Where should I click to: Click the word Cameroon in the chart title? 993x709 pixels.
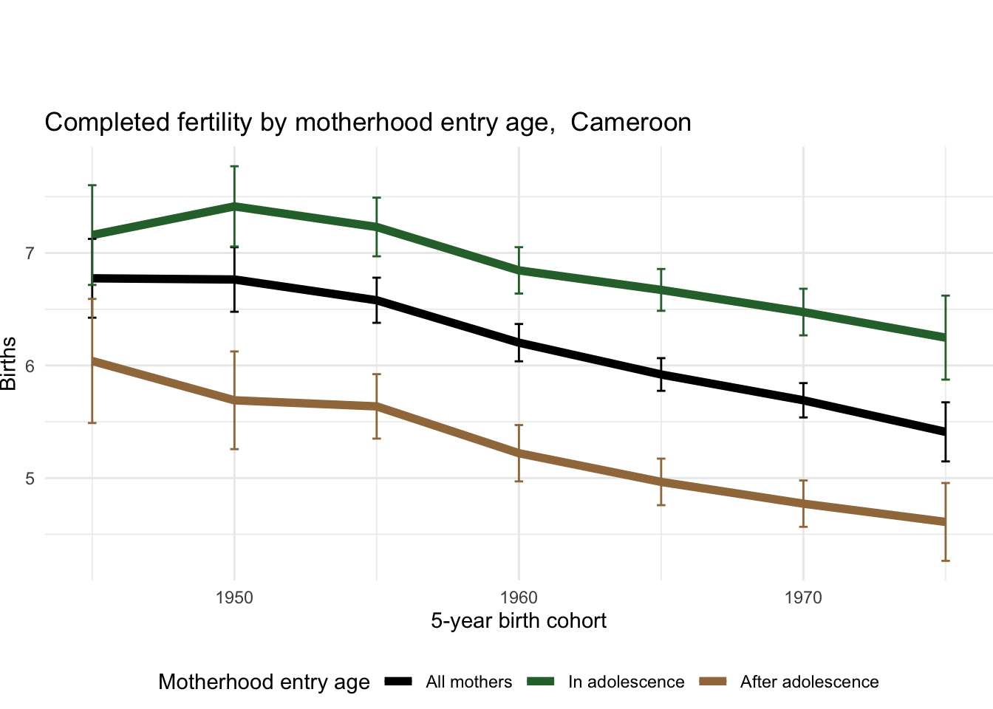coord(630,122)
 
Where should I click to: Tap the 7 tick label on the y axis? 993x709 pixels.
coord(30,253)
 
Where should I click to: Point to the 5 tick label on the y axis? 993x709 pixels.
coord(30,478)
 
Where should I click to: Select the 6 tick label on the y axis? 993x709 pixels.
coord(30,366)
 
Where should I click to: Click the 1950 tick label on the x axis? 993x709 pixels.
coord(234,597)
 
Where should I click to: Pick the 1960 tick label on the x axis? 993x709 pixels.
coord(519,597)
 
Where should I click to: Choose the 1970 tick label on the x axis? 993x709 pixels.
coord(803,597)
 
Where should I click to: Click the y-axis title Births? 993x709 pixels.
coord(9,363)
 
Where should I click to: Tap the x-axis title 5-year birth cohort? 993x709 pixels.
coord(519,620)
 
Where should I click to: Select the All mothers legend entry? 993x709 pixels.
coord(468,682)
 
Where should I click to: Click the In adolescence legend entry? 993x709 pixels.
coord(626,682)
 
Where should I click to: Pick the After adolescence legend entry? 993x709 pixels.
coord(809,682)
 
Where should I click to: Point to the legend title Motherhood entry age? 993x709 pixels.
coord(264,682)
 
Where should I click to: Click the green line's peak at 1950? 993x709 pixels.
coord(234,205)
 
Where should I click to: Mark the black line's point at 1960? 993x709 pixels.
coord(519,343)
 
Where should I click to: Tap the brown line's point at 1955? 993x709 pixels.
coord(377,406)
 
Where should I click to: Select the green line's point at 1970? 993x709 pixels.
coord(803,312)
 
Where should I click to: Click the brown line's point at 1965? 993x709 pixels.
coord(661,482)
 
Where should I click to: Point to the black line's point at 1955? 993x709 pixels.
coord(377,300)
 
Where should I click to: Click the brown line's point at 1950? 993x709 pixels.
coord(234,400)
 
